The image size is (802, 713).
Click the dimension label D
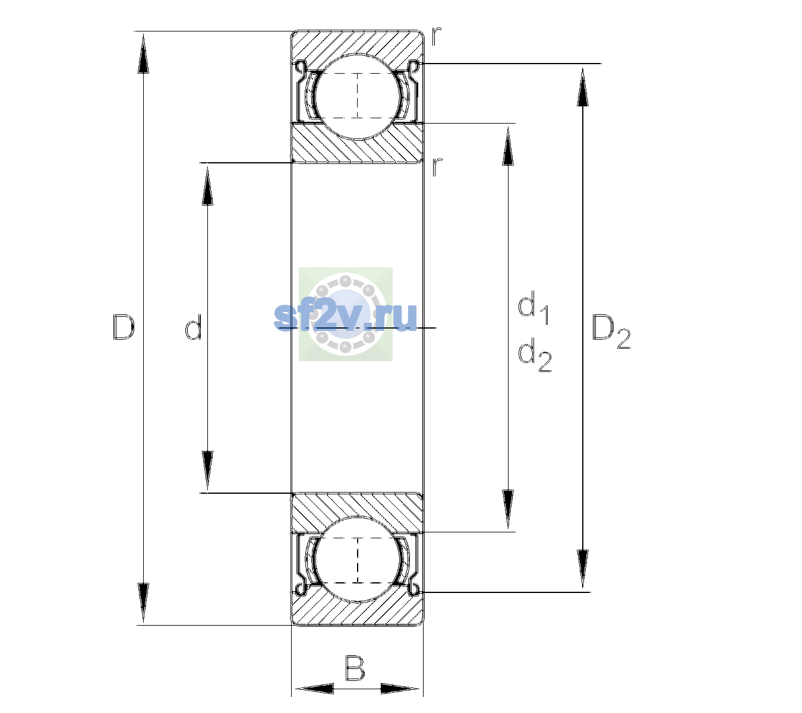pyautogui.click(x=124, y=327)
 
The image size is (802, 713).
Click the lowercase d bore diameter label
pyautogui.click(x=194, y=327)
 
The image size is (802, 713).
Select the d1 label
pyautogui.click(x=533, y=308)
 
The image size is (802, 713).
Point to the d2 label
pyautogui.click(x=535, y=355)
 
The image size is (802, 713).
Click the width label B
pyautogui.click(x=355, y=668)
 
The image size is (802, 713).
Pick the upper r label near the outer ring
pyautogui.click(x=436, y=36)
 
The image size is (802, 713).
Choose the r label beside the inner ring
pyautogui.click(x=437, y=167)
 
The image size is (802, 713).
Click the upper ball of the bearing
pyautogui.click(x=358, y=97)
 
